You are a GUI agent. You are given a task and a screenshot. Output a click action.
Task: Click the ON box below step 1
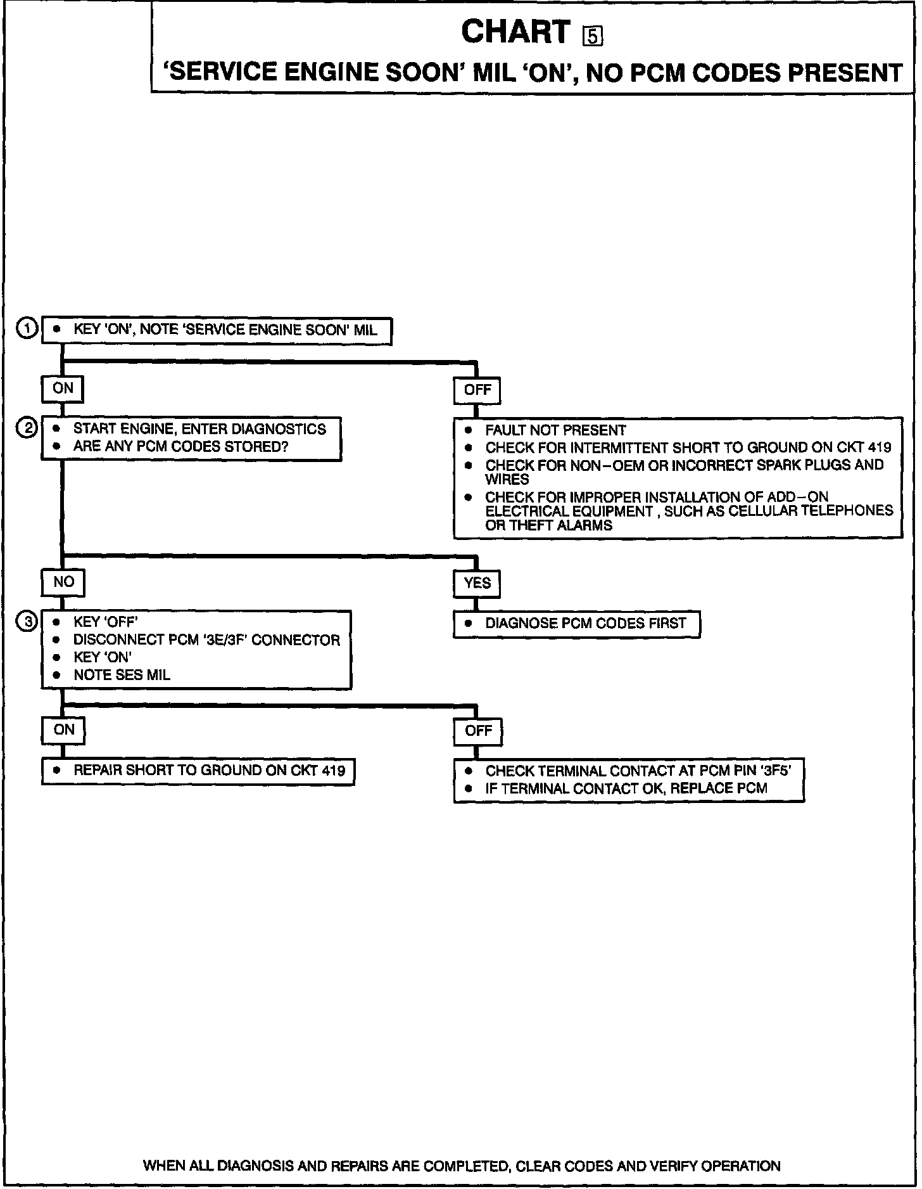63,389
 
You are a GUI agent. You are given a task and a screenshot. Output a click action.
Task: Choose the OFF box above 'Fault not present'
477,390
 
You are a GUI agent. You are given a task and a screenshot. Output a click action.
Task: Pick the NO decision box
63,582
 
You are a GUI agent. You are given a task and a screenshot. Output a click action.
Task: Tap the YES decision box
477,583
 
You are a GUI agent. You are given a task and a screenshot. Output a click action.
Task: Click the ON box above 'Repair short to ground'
63,729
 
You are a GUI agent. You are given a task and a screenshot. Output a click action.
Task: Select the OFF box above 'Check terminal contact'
478,731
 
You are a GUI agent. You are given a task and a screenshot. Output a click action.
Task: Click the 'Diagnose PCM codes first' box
577,624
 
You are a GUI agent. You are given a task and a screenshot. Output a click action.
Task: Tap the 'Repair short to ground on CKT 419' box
198,771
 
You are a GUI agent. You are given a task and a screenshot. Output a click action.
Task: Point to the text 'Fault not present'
555,430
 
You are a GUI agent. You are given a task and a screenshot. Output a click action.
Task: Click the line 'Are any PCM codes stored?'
180,446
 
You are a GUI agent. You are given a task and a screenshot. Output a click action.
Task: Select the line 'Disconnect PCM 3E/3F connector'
206,640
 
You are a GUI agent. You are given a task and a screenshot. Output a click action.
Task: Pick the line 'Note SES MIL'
122,675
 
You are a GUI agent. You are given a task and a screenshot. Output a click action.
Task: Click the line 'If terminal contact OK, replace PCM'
626,788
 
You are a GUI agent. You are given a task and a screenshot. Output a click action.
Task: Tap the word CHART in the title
516,32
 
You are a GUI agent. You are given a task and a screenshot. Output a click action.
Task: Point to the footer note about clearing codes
462,1166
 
